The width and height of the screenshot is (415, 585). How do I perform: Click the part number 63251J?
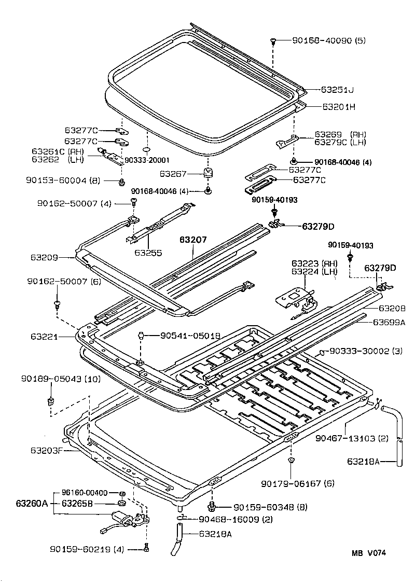[x=337, y=90]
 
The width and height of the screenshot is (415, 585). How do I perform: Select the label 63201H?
[x=338, y=107]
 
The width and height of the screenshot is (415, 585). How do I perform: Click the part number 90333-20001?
[x=146, y=160]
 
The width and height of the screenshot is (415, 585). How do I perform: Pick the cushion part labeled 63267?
[x=209, y=173]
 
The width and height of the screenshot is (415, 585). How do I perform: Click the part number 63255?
[x=148, y=253]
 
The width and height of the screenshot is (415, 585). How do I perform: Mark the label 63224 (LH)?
[x=314, y=271]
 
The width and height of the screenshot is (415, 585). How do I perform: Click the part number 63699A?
[x=389, y=322]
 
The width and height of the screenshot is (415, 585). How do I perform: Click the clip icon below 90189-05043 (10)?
[x=50, y=400]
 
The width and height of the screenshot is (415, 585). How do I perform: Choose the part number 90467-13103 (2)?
[x=352, y=438]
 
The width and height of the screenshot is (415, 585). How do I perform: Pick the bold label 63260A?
[x=32, y=503]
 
